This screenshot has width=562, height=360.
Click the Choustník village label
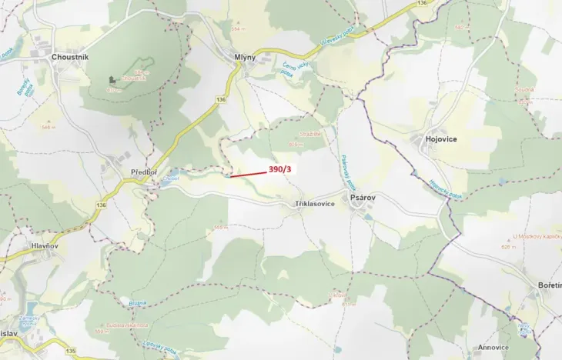click(x=71, y=57)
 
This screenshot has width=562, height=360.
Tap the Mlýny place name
click(x=245, y=57)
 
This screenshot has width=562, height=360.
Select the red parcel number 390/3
click(x=280, y=169)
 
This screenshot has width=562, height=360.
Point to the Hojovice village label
click(x=441, y=139)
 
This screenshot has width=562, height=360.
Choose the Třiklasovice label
click(x=315, y=204)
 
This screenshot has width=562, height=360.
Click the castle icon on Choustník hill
click(x=112, y=79)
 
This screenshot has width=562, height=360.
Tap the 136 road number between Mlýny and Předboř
click(x=221, y=100)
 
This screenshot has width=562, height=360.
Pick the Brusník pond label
click(x=138, y=303)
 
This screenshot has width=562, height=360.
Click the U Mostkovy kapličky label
click(x=536, y=236)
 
